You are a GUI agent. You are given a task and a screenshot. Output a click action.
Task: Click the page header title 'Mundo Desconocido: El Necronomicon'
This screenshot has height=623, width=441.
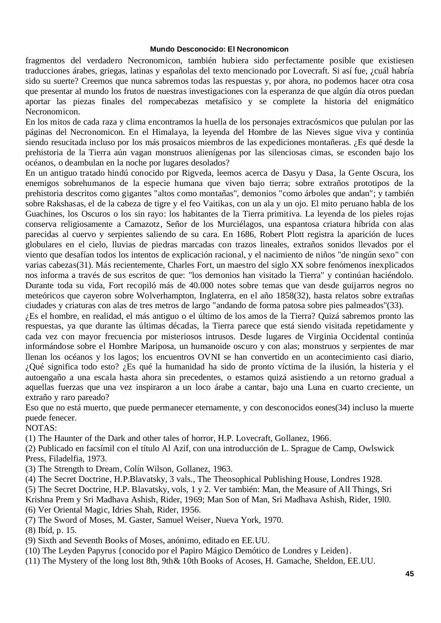click(219, 49)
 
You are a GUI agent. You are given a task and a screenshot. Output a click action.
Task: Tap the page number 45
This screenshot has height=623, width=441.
click(409, 574)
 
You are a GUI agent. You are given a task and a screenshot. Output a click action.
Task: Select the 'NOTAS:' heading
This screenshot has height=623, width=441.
click(41, 428)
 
